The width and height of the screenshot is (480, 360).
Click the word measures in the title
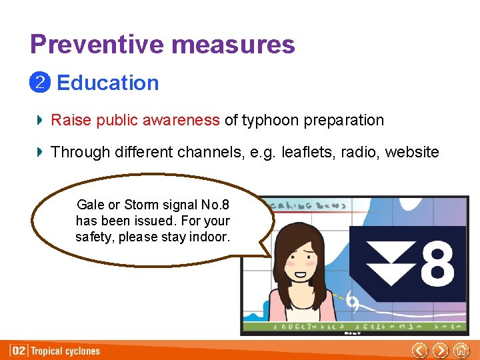(x=233, y=45)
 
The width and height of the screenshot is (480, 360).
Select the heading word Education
(x=108, y=83)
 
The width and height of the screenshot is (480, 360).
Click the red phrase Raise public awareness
(x=135, y=121)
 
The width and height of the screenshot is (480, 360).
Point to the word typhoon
(x=270, y=121)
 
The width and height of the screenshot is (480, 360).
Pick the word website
(x=411, y=153)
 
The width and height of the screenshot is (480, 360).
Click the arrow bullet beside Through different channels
(x=39, y=153)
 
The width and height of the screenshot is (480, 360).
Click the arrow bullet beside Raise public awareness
(x=39, y=121)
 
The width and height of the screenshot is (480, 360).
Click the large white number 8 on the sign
(x=438, y=265)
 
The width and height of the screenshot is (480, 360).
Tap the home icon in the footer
(x=461, y=350)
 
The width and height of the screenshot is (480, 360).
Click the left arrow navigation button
(x=419, y=350)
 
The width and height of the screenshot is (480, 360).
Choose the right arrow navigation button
(x=440, y=350)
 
